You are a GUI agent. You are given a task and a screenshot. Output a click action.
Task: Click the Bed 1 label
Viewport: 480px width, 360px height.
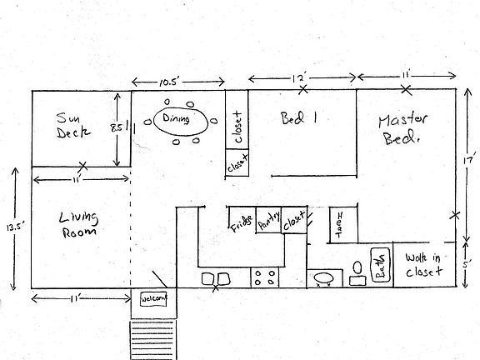[x=300, y=118]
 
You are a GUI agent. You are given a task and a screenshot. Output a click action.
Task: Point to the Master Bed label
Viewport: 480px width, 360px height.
[x=402, y=129]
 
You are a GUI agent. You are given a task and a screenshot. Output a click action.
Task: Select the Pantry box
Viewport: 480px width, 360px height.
[x=268, y=220]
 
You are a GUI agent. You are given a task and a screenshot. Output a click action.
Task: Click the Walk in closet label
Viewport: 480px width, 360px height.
[x=423, y=263]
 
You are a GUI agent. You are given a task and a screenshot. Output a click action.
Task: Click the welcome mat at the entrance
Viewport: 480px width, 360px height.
[x=155, y=298]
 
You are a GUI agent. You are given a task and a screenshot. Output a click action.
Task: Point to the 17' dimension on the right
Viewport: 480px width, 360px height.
[x=470, y=157]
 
